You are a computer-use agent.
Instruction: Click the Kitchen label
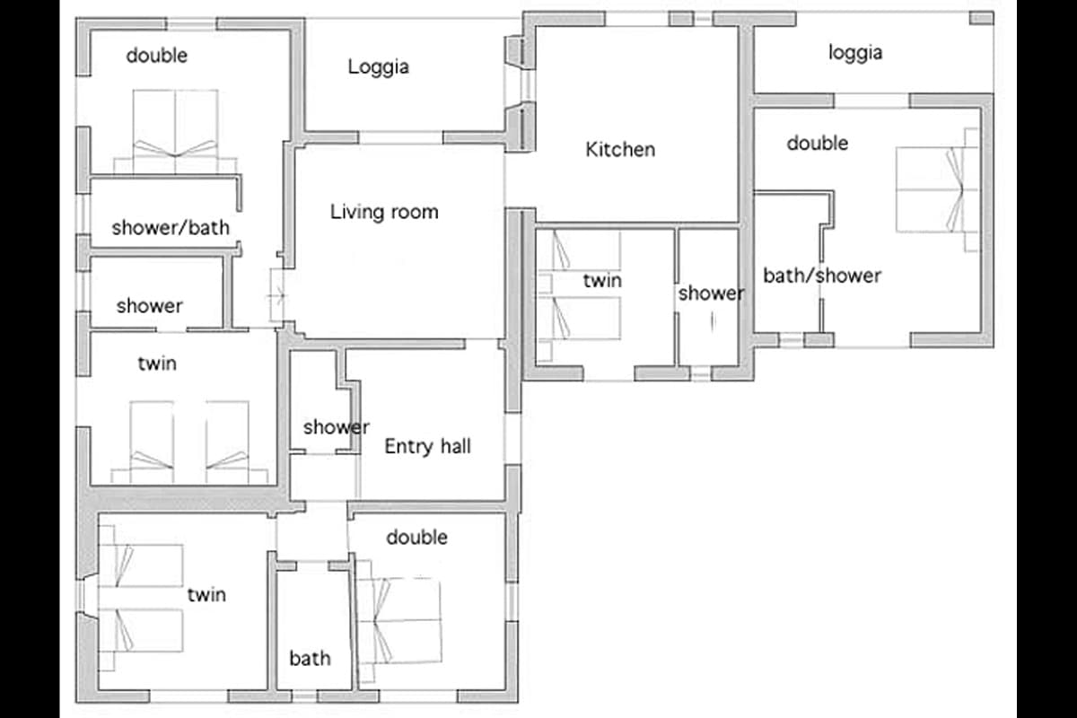pos(620,150)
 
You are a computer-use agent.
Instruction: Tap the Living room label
pos(384,212)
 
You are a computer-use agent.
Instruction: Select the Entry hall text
pos(427,447)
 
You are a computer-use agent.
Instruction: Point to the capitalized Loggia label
pos(379,66)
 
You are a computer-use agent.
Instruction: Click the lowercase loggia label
pos(855,53)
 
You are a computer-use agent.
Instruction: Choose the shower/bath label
pos(171,227)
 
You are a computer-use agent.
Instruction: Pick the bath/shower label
pos(822,276)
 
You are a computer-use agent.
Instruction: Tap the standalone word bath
pos(311,659)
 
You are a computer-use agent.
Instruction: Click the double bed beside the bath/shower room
pos(937,189)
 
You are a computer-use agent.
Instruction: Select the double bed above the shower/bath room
pos(176,131)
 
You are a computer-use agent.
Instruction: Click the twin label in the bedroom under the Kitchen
pos(602,280)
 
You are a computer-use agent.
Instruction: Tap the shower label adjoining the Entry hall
pos(336,427)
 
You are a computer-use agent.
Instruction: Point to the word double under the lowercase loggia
pos(818,144)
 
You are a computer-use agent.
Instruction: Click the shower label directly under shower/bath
pos(150,306)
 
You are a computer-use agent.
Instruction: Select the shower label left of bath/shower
pos(711,293)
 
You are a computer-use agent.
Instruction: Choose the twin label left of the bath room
pos(206,595)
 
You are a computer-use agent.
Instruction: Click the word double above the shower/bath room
pos(157,56)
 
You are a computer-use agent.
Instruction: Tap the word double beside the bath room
pos(416,538)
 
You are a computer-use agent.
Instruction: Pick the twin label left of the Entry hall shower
pos(157,363)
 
